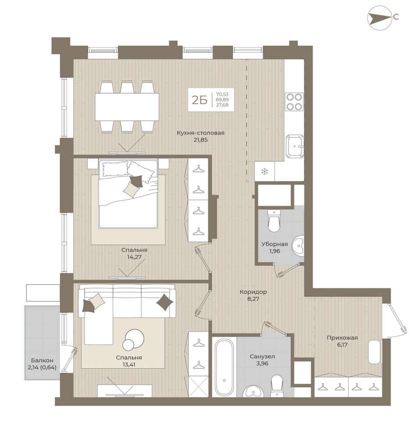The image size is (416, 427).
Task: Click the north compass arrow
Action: coord(380,18)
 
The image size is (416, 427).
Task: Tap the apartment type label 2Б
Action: coord(200,100)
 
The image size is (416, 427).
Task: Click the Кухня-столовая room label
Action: coord(201,133)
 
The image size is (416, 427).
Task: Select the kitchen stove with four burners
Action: coord(294,102)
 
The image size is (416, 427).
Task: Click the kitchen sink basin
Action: coord(295,146)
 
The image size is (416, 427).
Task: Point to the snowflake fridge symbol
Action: coord(264,171)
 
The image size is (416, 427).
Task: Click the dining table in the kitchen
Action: coord(127,107)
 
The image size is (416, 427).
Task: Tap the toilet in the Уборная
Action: coord(274,220)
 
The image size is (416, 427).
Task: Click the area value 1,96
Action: coord(275,251)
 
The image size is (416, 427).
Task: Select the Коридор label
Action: coord(253,292)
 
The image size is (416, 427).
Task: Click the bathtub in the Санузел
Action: coord(224,367)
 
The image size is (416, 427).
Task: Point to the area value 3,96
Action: coord(262,363)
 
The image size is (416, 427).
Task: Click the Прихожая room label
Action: coord(342,338)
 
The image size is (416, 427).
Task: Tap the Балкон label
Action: coord(42,360)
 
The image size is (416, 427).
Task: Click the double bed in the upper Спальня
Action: coord(128,194)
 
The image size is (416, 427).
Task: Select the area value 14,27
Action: coord(134,257)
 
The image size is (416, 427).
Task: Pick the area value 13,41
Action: coord(129,364)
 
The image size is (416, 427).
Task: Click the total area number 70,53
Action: coord(222,95)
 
